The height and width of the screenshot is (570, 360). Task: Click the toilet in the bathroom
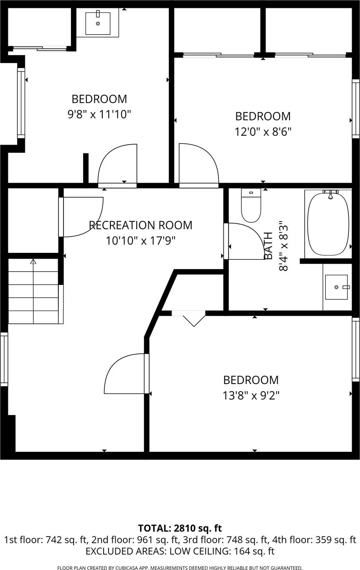251,205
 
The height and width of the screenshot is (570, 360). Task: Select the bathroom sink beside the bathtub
336,287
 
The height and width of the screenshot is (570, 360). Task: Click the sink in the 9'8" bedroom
98,23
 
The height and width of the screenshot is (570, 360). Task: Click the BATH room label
269,246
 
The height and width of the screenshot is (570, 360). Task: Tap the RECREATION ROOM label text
141,225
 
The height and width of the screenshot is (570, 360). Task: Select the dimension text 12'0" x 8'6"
263,132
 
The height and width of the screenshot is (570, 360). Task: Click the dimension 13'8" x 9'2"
251,396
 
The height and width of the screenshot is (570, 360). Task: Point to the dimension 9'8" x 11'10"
99,114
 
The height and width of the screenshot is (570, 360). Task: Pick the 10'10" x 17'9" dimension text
141,240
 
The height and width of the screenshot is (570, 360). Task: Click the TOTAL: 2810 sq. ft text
180,528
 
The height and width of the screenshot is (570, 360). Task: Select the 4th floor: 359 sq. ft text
314,540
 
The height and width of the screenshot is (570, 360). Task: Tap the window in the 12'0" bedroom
356,109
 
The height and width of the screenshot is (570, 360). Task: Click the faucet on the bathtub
330,194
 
